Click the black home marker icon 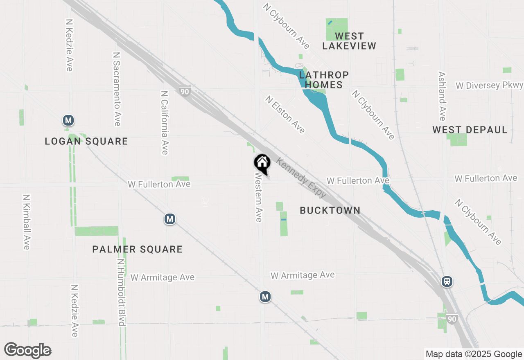tap(262, 163)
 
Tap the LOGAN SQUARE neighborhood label tap(86, 142)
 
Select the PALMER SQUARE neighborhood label tap(137, 249)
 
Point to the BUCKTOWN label tap(330, 210)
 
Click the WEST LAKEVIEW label tap(349, 41)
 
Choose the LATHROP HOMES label tap(324, 80)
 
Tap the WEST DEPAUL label tap(470, 130)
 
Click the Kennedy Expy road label tap(301, 178)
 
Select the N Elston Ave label tap(285, 115)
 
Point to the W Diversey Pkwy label tap(489, 85)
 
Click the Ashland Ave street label tap(442, 97)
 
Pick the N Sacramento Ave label tap(117, 89)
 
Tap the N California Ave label tap(165, 123)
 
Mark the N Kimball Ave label tap(27, 222)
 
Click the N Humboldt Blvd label tap(121, 292)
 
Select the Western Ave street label tap(258, 197)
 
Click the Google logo tap(28, 351)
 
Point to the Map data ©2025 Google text tap(474, 354)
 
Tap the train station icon tap(447, 281)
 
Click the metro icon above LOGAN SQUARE tap(68, 121)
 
